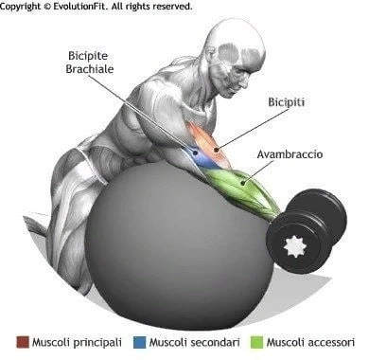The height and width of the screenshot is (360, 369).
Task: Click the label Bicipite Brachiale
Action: (90, 63)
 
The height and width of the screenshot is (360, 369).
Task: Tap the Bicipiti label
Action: (287, 102)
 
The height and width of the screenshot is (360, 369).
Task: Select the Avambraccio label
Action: (290, 154)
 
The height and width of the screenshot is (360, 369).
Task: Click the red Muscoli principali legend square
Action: (23, 343)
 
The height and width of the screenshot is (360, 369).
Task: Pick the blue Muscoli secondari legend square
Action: (140, 343)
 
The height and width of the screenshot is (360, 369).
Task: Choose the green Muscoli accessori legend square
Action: (257, 343)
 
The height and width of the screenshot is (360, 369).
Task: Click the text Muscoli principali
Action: (77, 343)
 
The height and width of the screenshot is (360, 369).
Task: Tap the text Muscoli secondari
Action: (195, 343)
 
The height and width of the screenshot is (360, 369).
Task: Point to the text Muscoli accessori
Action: (310, 343)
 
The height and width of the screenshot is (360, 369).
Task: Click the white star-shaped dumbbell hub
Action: (295, 246)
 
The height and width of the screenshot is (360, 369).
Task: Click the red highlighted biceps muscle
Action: (210, 145)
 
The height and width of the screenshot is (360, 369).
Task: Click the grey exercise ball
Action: (180, 243)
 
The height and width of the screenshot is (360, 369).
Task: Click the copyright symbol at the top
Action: (46, 6)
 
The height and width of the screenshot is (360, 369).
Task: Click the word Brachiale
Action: (90, 69)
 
